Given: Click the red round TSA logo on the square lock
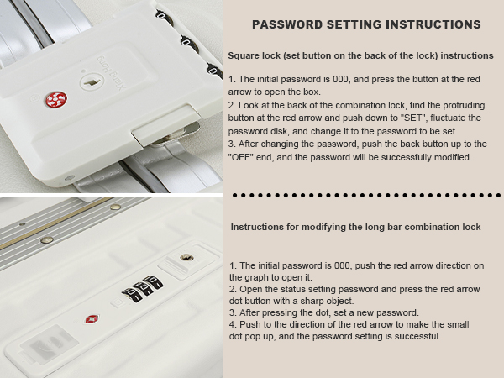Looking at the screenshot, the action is [x=56, y=100].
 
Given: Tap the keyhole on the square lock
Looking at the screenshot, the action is [x=92, y=82].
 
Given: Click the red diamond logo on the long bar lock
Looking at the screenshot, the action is [x=92, y=319].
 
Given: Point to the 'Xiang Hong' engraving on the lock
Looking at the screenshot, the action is [x=109, y=73].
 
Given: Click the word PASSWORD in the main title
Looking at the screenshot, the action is [x=287, y=24].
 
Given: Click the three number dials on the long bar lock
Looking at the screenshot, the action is [x=143, y=288].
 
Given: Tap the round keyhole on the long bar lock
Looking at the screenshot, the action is [x=186, y=258].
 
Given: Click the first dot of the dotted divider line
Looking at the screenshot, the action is [x=234, y=195].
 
